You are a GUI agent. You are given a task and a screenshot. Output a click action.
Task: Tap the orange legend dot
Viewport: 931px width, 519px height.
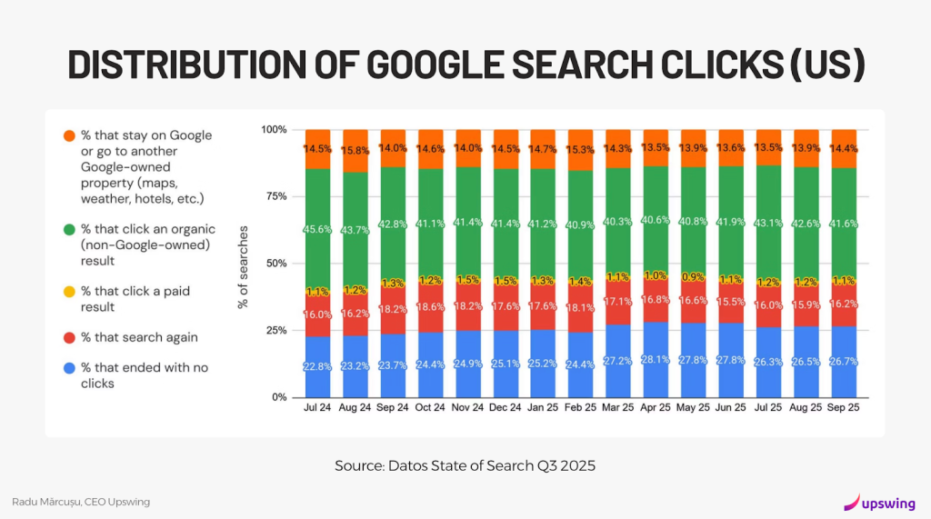[x=69, y=135]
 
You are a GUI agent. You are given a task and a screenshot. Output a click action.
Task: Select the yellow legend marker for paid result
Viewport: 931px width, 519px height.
[x=69, y=291]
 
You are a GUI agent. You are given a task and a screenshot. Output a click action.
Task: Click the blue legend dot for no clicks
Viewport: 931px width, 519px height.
[x=69, y=367]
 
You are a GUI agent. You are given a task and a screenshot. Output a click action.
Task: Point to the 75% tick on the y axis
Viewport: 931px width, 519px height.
[x=273, y=196]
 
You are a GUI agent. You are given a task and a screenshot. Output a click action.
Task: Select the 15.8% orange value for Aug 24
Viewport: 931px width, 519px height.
[x=355, y=150]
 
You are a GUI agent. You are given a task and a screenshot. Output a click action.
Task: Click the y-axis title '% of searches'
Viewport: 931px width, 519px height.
[x=244, y=264]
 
